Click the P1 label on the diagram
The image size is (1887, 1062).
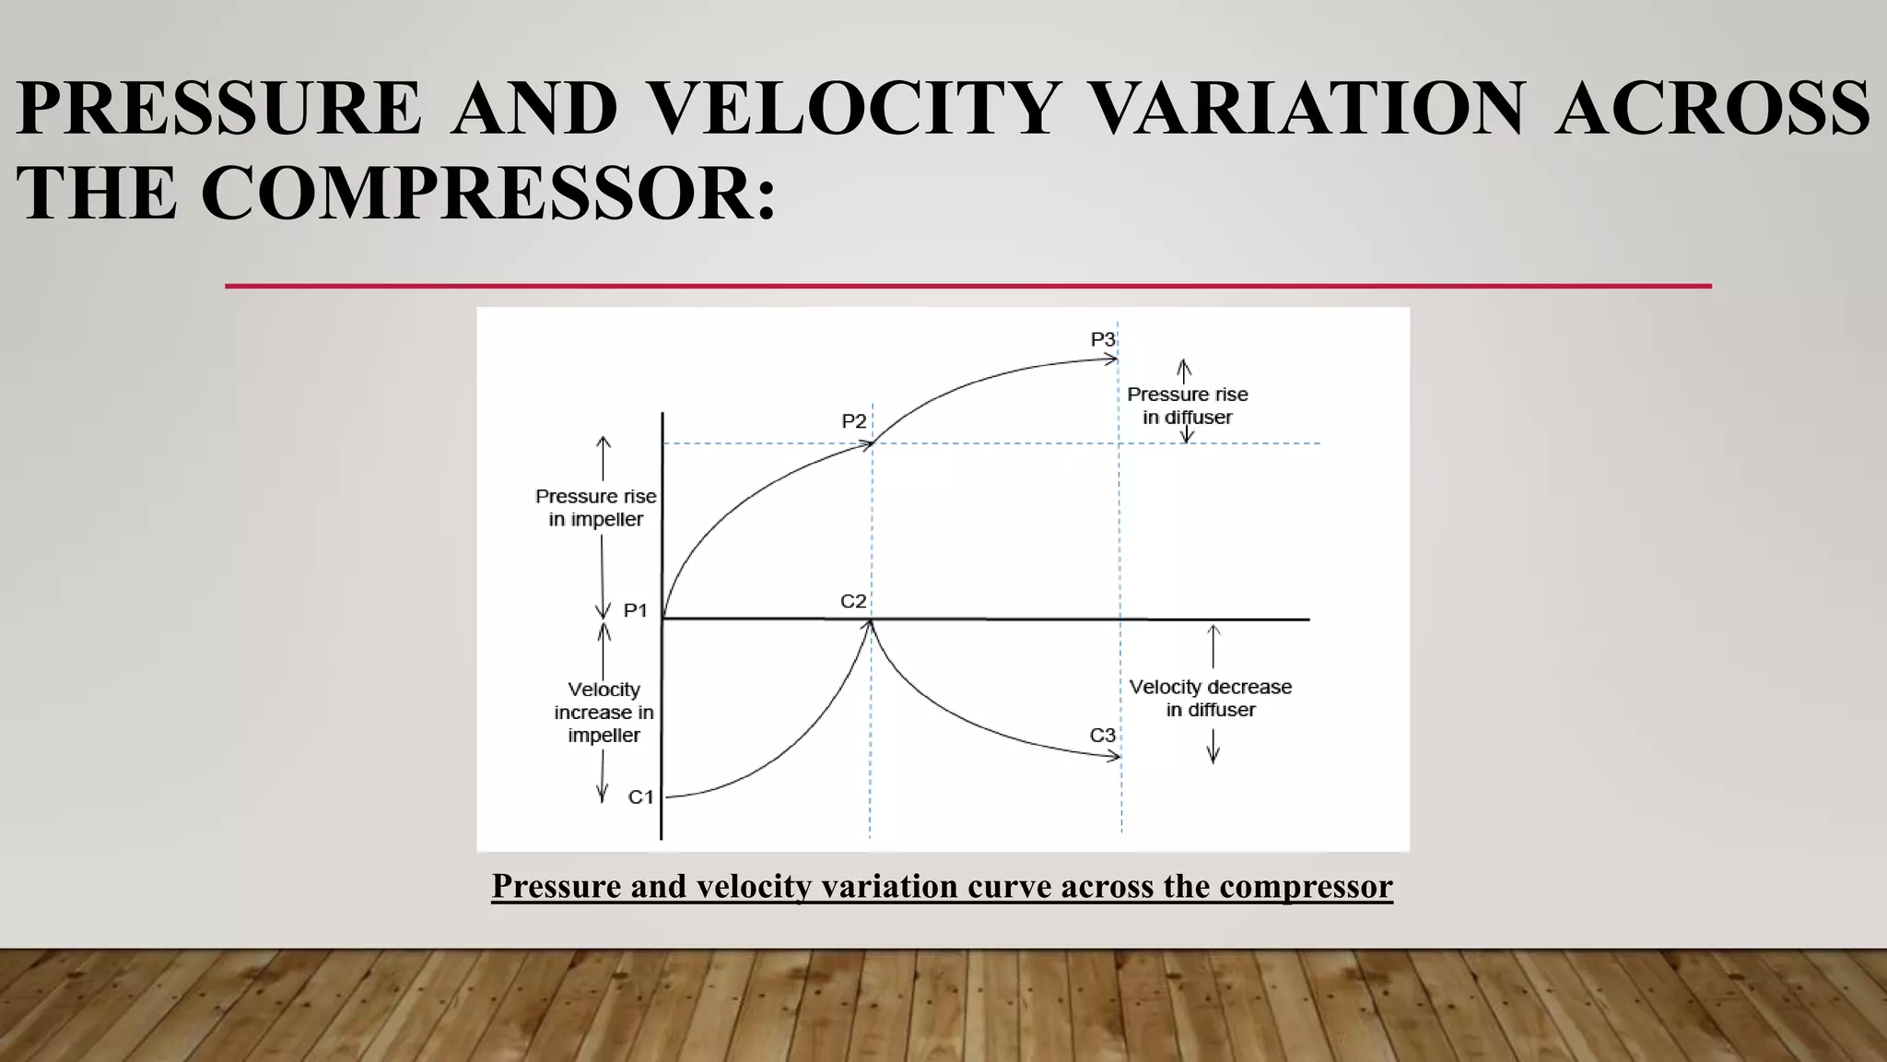tap(636, 610)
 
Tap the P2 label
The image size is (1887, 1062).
tap(854, 421)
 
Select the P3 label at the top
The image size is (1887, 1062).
tap(1103, 339)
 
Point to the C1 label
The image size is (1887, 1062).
tap(640, 796)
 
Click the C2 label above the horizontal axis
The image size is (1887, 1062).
tap(853, 601)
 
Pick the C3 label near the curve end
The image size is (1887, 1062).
tap(1102, 735)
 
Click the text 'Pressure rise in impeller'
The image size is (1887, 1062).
tap(596, 508)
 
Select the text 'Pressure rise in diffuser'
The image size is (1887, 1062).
tap(1187, 406)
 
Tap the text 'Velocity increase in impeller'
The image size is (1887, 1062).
tap(604, 713)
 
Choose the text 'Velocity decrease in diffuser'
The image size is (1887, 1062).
tap(1211, 698)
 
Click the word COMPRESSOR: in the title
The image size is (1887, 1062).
tap(488, 194)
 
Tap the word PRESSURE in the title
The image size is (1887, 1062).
tap(219, 109)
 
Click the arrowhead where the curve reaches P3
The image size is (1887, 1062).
tap(1112, 360)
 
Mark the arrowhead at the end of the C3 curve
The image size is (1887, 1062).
tap(1115, 757)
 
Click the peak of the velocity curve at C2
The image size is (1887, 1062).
tap(870, 623)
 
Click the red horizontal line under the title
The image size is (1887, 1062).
tap(967, 286)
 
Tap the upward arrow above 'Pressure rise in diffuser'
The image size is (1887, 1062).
tap(1185, 370)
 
